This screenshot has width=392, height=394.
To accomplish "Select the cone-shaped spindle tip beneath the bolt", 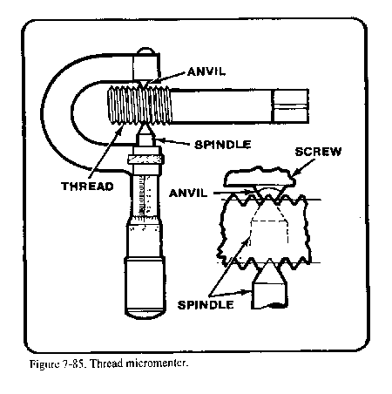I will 144,137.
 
